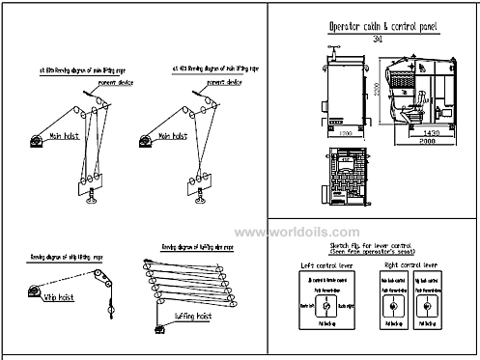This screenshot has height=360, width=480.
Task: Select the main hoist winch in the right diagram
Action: (147, 142)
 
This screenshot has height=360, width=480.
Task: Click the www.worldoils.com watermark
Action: (295, 232)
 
